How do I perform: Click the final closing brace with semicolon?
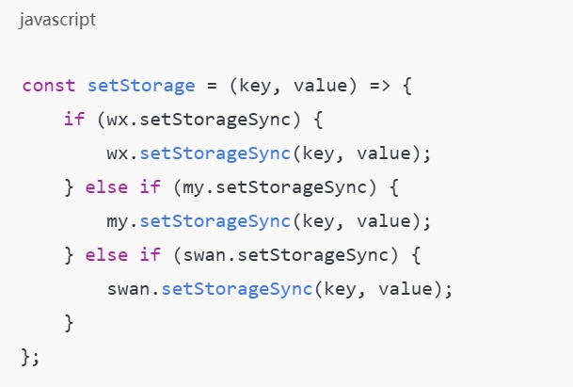29,358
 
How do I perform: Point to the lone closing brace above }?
69,323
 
